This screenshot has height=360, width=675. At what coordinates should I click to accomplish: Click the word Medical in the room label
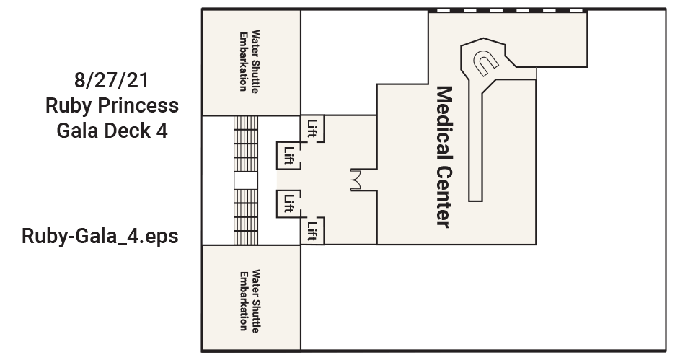(x=444, y=124)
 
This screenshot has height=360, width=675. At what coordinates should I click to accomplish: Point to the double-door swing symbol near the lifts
(x=355, y=179)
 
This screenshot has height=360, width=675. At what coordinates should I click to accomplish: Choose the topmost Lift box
(x=312, y=128)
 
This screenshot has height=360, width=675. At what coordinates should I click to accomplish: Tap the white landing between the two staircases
(x=246, y=180)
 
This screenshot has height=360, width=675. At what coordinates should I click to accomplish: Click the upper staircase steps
(x=246, y=144)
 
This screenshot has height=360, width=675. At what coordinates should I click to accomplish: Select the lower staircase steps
(x=246, y=216)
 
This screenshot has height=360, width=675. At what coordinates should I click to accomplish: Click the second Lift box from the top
(x=288, y=154)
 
